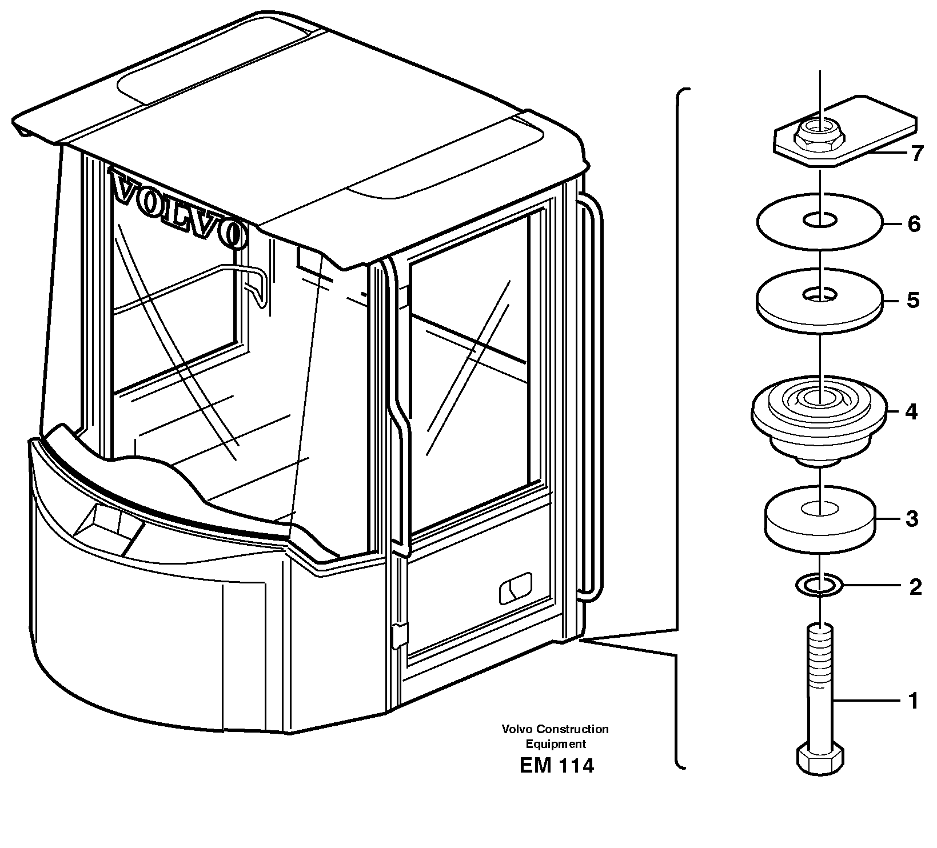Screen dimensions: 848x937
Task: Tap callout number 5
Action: click(x=913, y=300)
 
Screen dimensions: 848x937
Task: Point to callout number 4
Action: click(x=911, y=411)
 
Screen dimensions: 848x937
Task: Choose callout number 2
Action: click(x=915, y=587)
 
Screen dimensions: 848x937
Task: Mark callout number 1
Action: click(x=914, y=701)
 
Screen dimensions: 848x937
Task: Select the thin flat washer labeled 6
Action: click(x=820, y=220)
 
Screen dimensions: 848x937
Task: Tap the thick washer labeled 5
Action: click(x=820, y=303)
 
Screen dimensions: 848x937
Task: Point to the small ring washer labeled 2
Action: click(x=820, y=585)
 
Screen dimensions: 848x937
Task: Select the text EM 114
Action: click(x=557, y=766)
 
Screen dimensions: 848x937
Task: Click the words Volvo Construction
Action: click(x=555, y=729)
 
